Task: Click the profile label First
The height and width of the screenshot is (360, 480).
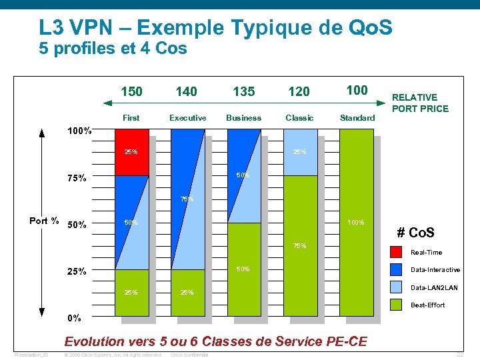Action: click(x=131, y=118)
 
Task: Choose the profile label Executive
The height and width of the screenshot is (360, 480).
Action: click(x=187, y=118)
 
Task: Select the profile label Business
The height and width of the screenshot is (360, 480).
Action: click(x=243, y=118)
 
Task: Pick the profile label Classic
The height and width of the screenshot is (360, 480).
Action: click(x=299, y=118)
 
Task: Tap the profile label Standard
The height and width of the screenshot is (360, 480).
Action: click(x=357, y=118)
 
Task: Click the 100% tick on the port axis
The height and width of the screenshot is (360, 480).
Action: click(x=79, y=131)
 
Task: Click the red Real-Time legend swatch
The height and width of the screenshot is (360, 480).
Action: click(x=396, y=252)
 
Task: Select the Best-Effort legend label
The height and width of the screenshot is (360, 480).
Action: click(x=427, y=305)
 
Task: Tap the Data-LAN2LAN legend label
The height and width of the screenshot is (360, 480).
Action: click(x=435, y=287)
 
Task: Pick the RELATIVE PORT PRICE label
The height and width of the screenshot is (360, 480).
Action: click(x=420, y=103)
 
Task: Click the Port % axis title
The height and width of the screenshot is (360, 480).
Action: click(x=44, y=221)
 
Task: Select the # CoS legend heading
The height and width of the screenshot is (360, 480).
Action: click(x=415, y=233)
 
